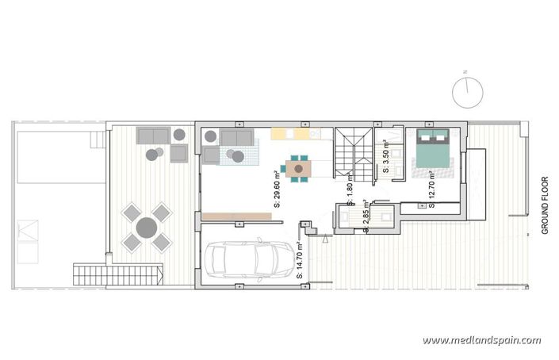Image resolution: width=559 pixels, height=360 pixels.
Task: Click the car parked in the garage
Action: pos(249,259)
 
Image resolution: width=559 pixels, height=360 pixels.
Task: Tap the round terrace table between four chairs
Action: pos(147,227)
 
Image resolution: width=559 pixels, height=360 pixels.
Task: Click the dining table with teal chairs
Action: pos(298,168)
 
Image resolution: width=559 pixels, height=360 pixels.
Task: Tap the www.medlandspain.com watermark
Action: pos(481,340)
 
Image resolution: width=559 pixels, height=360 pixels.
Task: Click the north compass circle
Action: pos(467,92)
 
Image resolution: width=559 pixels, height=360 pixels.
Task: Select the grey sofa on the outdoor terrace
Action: pos(153,135)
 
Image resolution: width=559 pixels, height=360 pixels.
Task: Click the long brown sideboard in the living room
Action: pos(237,216)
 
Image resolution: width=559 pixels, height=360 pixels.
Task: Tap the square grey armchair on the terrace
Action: pos(178,152)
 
